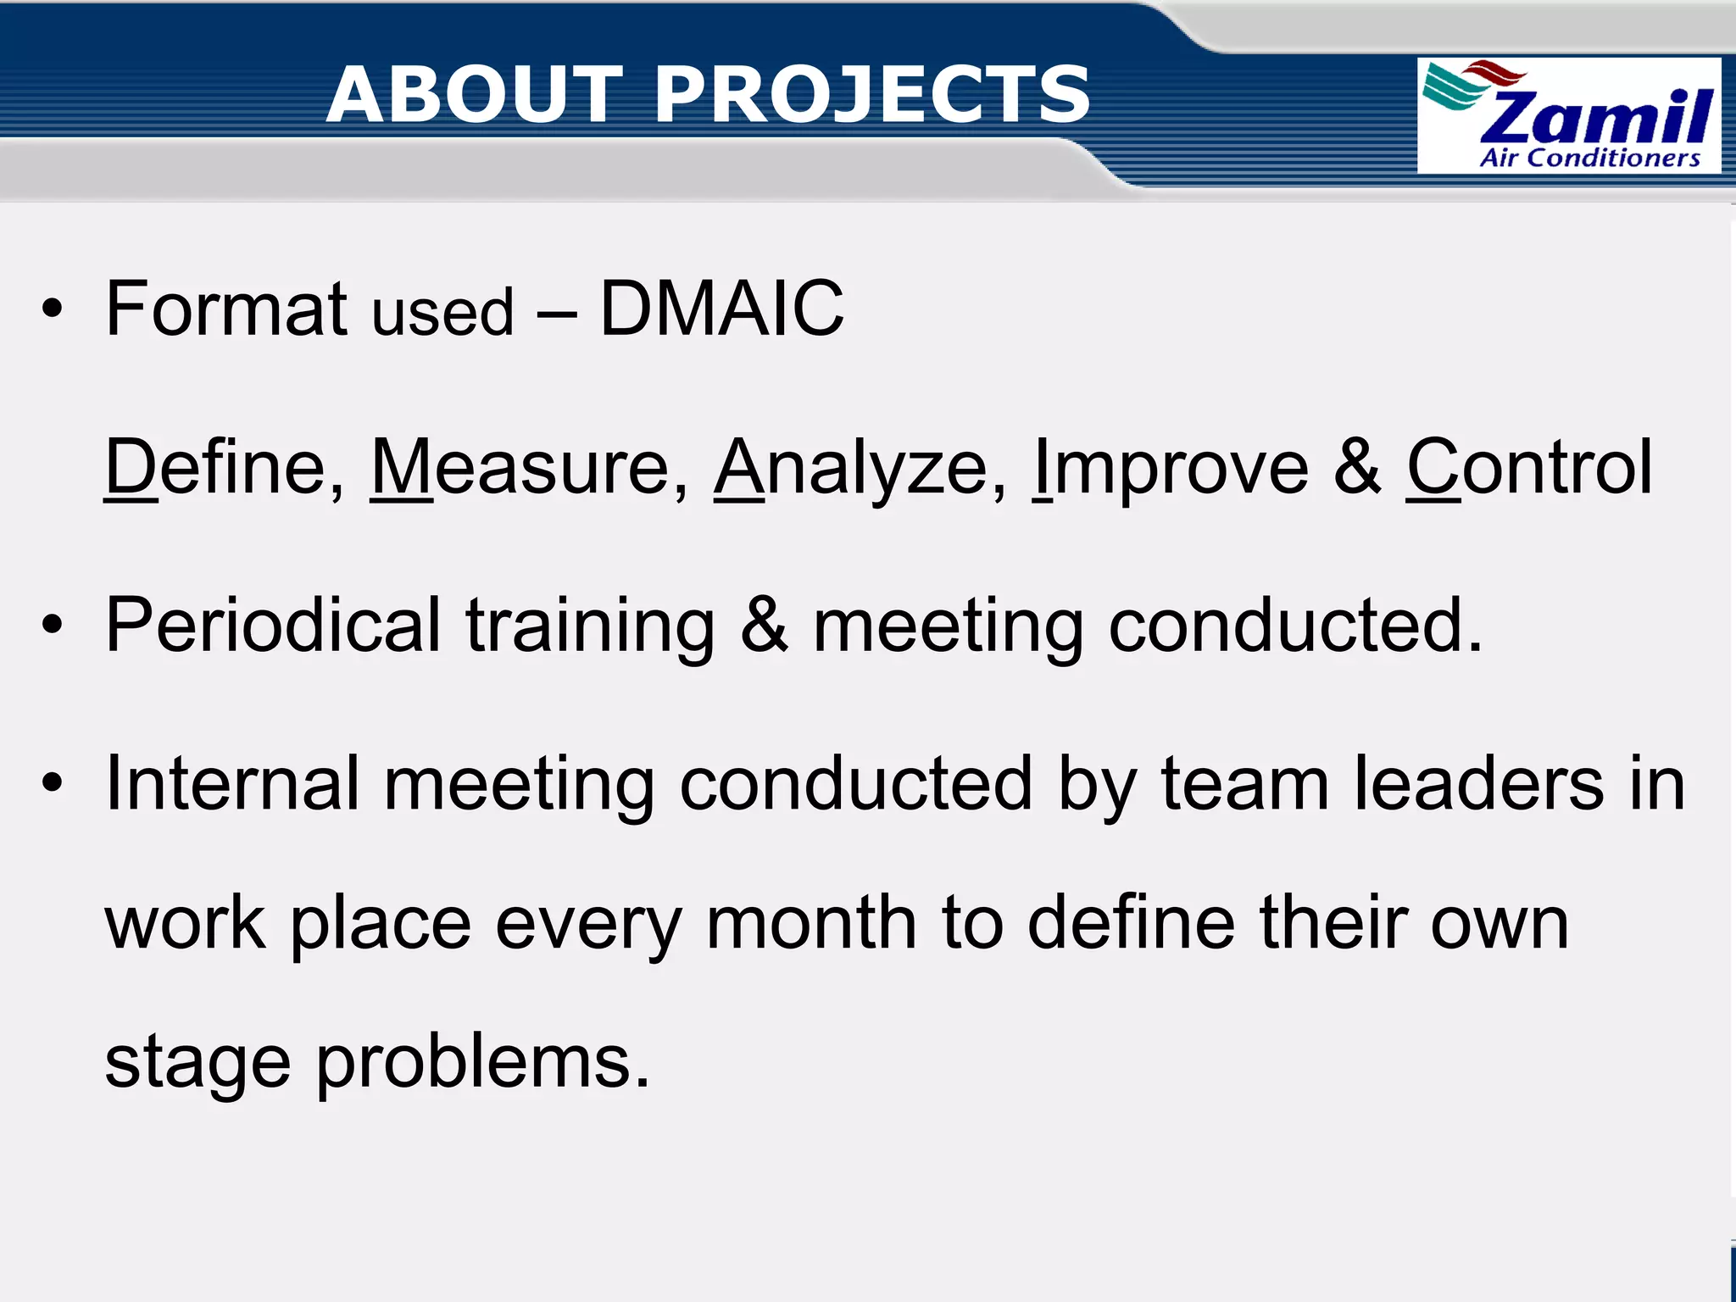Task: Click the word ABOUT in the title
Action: pos(475,95)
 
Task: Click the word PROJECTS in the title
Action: pos(873,95)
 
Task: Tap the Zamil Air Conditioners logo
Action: pos(1569,116)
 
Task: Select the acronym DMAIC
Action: pos(721,309)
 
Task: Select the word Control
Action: pos(1529,467)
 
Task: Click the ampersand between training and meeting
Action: pos(764,626)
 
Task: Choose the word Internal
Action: pos(232,784)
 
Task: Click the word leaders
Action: pos(1478,784)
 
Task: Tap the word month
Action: pos(811,923)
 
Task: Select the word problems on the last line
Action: pos(483,1065)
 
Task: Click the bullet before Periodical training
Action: pos(53,626)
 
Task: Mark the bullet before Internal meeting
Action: pos(53,784)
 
